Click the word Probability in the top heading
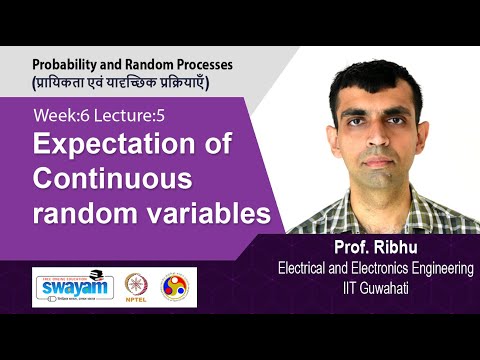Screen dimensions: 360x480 click(68, 62)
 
